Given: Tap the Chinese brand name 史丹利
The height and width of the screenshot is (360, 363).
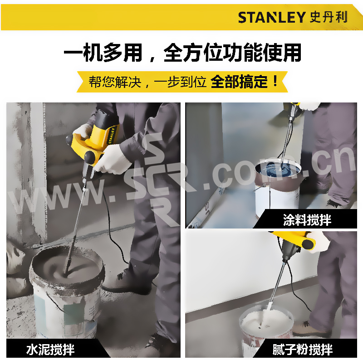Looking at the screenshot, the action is pyautogui.click(x=329, y=17).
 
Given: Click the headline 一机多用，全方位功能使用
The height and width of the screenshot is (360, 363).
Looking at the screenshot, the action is pyautogui.click(x=183, y=53).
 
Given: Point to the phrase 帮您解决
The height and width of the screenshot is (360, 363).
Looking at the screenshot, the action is pyautogui.click(x=115, y=82).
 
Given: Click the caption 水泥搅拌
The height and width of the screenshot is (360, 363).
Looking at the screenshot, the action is pyautogui.click(x=50, y=350).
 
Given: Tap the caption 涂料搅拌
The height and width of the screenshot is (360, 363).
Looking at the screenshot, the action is pyautogui.click(x=307, y=219).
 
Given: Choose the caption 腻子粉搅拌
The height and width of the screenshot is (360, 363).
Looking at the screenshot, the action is pyautogui.click(x=302, y=350).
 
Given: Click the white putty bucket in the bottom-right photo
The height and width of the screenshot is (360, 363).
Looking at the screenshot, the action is pyautogui.click(x=266, y=329).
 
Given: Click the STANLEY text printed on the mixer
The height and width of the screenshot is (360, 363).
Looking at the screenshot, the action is pyautogui.click(x=112, y=136).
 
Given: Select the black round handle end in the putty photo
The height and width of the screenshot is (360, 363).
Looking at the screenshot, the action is pyautogui.click(x=309, y=244).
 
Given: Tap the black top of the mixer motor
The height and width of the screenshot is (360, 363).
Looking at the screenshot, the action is pyautogui.click(x=107, y=117).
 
